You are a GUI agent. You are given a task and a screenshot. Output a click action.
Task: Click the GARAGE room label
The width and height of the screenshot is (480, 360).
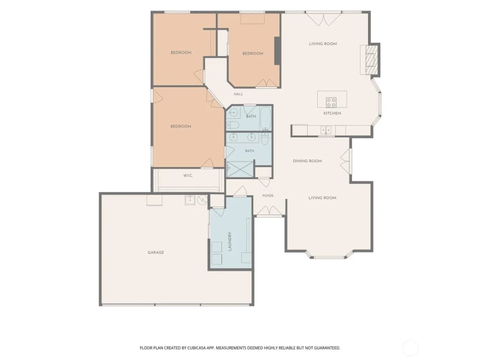[156, 253]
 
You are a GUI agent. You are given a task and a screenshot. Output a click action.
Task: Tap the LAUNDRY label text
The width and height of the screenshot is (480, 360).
[230, 241]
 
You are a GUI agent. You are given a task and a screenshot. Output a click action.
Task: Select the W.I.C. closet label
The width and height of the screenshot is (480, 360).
[188, 176]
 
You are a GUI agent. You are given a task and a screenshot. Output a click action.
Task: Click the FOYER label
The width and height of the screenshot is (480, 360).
[268, 195]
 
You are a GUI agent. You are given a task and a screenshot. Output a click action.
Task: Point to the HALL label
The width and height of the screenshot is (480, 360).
[238, 94]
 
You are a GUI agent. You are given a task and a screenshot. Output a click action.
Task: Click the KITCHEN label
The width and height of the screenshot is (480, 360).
[332, 113]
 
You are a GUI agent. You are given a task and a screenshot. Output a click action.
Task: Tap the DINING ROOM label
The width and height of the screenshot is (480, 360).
[307, 161]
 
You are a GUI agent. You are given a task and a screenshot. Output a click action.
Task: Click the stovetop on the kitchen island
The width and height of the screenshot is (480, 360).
[331, 102]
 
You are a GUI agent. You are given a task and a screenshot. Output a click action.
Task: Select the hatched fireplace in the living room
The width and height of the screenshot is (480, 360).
[372, 60]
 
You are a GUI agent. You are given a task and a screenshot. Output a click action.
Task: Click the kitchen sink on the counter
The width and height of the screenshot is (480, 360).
[326, 130]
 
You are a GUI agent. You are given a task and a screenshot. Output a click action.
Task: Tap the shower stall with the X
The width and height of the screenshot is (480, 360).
[241, 169]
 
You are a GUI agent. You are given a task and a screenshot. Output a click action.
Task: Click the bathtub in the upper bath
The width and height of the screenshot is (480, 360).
[266, 118]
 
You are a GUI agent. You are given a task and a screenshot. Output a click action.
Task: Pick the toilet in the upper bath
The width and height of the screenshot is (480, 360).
[232, 125]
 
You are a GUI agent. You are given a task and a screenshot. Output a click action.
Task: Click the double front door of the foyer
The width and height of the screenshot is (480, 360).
[269, 211]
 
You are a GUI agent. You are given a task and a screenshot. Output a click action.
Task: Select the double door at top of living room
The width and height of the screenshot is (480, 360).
[323, 19]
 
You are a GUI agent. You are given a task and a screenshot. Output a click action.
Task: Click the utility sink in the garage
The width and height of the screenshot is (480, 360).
[190, 200]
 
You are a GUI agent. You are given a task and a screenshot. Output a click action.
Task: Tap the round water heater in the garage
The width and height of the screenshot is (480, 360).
[202, 200]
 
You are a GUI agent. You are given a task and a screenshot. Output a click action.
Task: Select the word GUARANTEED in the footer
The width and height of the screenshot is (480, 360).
[327, 348]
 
